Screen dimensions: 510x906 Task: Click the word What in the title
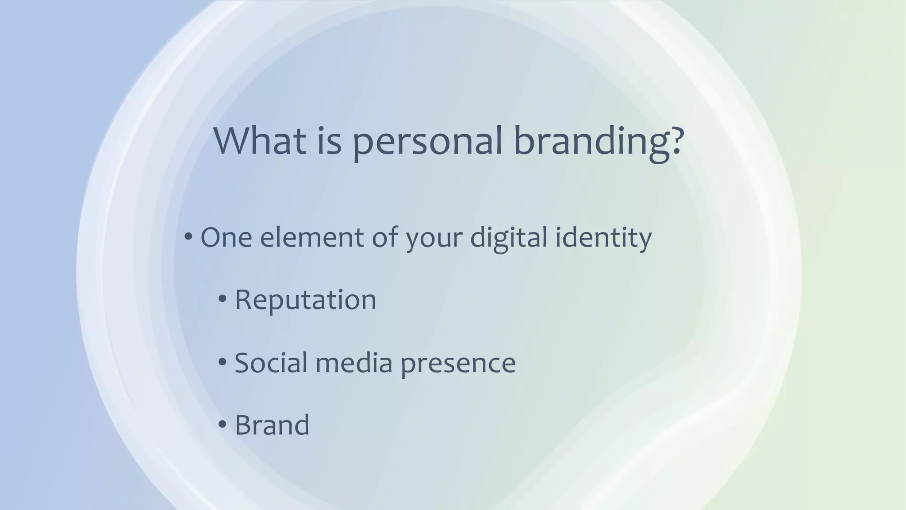(x=260, y=140)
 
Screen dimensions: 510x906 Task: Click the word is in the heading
(x=329, y=140)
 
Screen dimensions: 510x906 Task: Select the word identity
(x=603, y=238)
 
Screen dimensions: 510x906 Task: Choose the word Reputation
(x=305, y=300)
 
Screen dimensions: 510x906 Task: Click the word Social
(x=271, y=363)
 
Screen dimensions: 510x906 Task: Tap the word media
(x=354, y=363)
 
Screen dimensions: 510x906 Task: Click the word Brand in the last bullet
(x=272, y=425)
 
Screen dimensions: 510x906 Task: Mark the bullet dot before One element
(x=188, y=237)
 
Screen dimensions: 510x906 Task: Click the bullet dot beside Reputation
(x=223, y=299)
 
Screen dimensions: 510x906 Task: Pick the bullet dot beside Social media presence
(x=223, y=362)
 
